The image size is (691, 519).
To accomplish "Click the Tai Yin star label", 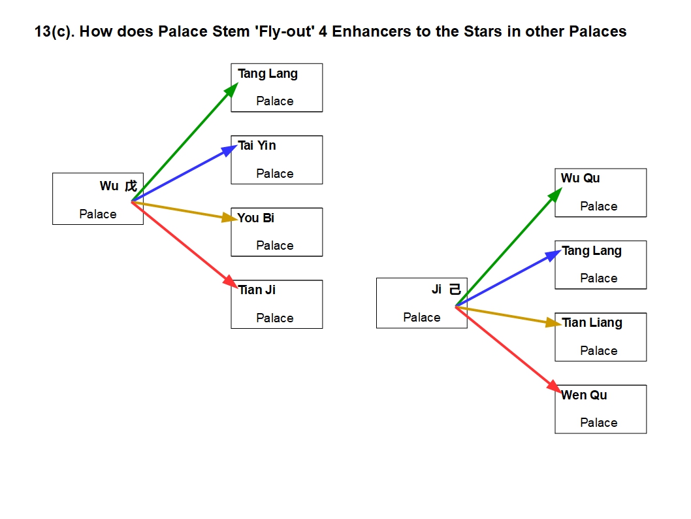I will (x=257, y=146).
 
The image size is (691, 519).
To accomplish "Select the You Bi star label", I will (x=255, y=218).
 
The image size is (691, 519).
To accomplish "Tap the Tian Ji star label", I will (x=257, y=290).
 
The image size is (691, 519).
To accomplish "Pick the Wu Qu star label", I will (x=580, y=178).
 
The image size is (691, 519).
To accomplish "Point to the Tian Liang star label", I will (x=592, y=323).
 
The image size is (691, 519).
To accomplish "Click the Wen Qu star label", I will (x=584, y=395).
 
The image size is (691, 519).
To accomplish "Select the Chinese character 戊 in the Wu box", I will (x=131, y=186).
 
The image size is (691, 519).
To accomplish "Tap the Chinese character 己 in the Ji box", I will (x=455, y=290).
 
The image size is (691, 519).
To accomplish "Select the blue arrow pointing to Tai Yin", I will (x=183, y=174).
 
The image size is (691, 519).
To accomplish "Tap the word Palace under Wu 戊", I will (x=98, y=214).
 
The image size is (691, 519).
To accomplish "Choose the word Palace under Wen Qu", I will (x=599, y=422).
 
